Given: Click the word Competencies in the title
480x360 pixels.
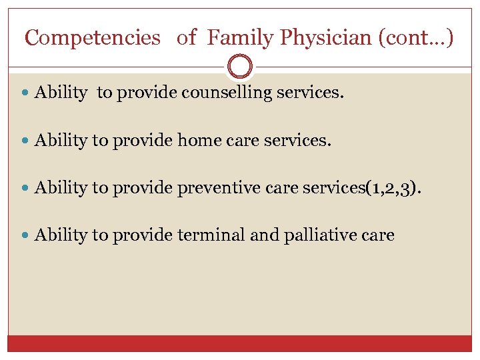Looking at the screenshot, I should [x=92, y=38].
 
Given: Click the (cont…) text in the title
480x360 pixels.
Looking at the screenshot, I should [x=415, y=38].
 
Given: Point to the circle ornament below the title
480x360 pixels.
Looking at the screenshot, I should [x=240, y=67].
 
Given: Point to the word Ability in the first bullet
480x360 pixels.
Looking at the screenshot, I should [x=61, y=93].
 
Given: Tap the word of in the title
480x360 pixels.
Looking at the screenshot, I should [x=187, y=38].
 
